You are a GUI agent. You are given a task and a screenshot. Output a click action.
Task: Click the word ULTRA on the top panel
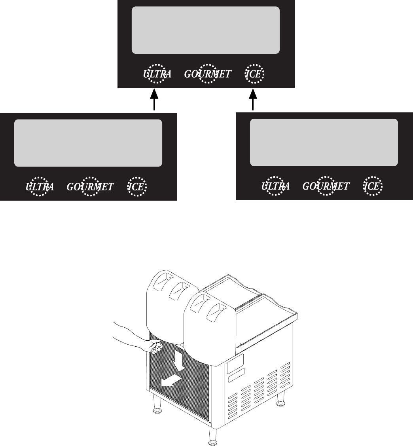pos(157,74)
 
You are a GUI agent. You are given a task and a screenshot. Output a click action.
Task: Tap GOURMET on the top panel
pos(208,74)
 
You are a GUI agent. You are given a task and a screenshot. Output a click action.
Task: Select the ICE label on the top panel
pos(254,74)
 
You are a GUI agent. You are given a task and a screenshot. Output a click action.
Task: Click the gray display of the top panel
pos(206,30)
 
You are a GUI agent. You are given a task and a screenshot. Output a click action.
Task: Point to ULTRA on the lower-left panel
pos(40,187)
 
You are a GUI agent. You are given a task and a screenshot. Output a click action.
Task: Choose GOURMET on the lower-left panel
pos(90,187)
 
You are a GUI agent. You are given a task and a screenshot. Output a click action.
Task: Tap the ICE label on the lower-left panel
pos(137,187)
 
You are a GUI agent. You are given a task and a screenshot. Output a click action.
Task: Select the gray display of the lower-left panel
pos(88,143)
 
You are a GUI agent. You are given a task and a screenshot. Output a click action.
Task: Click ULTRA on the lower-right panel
pos(275,186)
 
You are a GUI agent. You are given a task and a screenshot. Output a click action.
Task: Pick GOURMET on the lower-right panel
pos(326,186)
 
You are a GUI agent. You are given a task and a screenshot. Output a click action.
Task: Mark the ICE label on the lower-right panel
pos(373,186)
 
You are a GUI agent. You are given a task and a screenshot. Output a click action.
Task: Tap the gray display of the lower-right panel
pos(324,142)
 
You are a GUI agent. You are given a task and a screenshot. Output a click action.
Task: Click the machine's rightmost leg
pos(281,400)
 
